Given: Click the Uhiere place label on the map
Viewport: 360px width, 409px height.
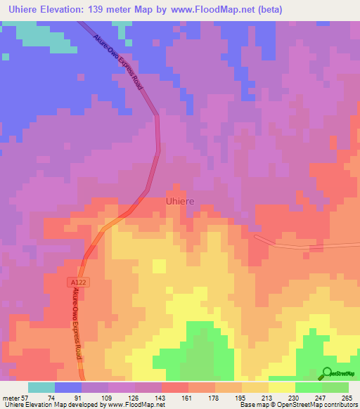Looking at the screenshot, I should (x=179, y=200).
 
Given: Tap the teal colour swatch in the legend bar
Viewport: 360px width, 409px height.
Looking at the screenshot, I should (x=41, y=387).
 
